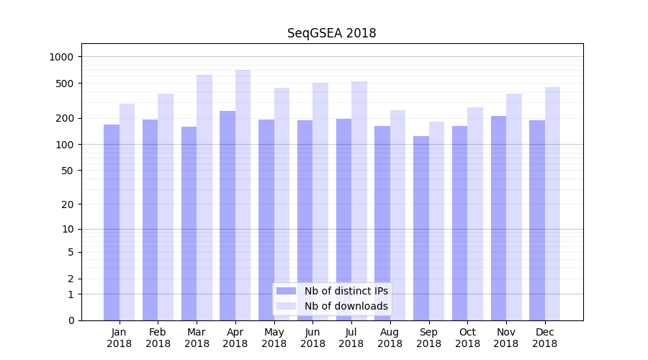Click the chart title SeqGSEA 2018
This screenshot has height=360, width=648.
pos(331,33)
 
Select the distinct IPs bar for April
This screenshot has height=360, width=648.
pos(228,216)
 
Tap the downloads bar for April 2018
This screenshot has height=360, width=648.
pos(243,195)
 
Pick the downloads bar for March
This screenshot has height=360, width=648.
pos(204,198)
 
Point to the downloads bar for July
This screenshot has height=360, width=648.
pos(359,201)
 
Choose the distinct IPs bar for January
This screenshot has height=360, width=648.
pos(112,222)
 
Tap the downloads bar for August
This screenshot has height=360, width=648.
pos(398,215)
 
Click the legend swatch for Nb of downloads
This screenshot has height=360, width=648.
pos(287,306)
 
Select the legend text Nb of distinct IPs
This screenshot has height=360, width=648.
pos(346,291)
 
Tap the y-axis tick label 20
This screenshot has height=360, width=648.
pos(68,204)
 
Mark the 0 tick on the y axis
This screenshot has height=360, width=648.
pos(71,320)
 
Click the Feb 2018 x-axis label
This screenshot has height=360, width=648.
pos(158,338)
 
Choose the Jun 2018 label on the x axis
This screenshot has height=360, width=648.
pos(312,338)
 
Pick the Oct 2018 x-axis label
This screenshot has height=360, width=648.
pos(467,338)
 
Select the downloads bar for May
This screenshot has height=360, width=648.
pos(282,204)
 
